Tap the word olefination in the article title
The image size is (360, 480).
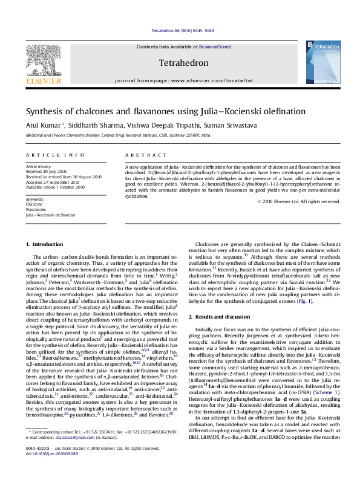pos(283,111)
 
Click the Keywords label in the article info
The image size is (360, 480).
pos(34,199)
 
